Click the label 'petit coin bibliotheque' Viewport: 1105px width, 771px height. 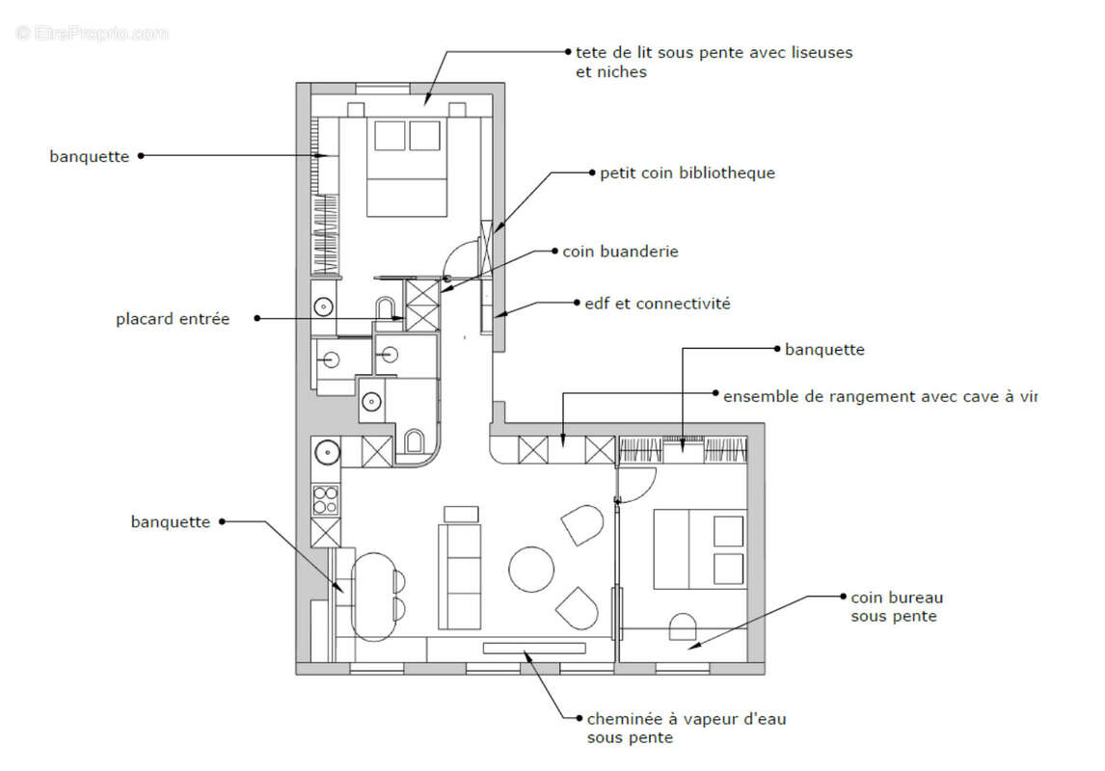[x=687, y=173]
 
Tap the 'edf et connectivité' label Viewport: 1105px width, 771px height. [x=657, y=304]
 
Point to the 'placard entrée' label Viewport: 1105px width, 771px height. [x=173, y=318]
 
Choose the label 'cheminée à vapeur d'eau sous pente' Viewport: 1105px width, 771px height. [x=692, y=729]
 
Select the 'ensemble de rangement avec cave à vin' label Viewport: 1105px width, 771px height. [x=878, y=395]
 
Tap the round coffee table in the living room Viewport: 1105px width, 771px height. [x=532, y=569]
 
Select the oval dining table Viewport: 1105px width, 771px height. [x=374, y=597]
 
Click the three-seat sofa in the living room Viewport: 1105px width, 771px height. [x=460, y=576]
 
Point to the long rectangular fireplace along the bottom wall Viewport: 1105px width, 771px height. [x=534, y=648]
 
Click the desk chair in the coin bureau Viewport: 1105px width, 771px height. [x=683, y=626]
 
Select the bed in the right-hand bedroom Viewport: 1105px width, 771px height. [x=699, y=548]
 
